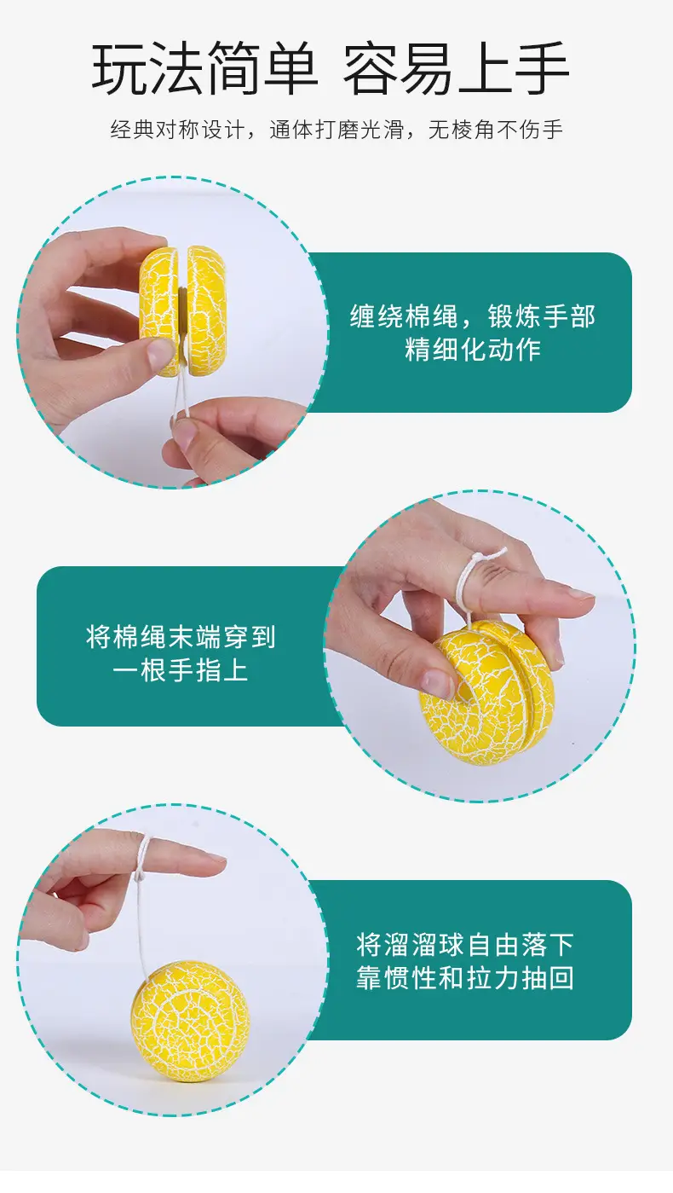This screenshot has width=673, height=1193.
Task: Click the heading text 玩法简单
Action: coord(204,69)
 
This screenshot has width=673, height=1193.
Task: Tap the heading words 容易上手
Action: coord(456,69)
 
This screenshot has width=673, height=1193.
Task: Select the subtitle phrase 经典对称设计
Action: coord(178,130)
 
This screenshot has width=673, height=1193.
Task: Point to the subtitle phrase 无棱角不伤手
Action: coord(496,130)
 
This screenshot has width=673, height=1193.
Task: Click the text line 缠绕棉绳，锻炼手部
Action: coord(473,316)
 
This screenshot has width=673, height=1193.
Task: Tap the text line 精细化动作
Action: coord(473,350)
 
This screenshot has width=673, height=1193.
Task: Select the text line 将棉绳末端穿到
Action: coord(181,636)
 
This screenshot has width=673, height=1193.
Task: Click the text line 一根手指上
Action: coord(181,669)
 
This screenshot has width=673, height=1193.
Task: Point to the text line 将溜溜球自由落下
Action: coord(465,945)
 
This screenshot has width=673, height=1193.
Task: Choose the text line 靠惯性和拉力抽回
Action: coord(465,978)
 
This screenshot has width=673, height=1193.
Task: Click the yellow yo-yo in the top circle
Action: coord(183,310)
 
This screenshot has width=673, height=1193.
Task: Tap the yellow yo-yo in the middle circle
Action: coord(486,693)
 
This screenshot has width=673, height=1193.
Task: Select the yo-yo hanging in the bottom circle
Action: coord(190,1019)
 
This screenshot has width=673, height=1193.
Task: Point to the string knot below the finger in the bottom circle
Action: coord(140,875)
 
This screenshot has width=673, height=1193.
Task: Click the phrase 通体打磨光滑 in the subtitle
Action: coord(337,130)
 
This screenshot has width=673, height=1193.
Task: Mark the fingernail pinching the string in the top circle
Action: coord(185,432)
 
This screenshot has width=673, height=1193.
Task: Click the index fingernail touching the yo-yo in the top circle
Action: coord(159,352)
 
